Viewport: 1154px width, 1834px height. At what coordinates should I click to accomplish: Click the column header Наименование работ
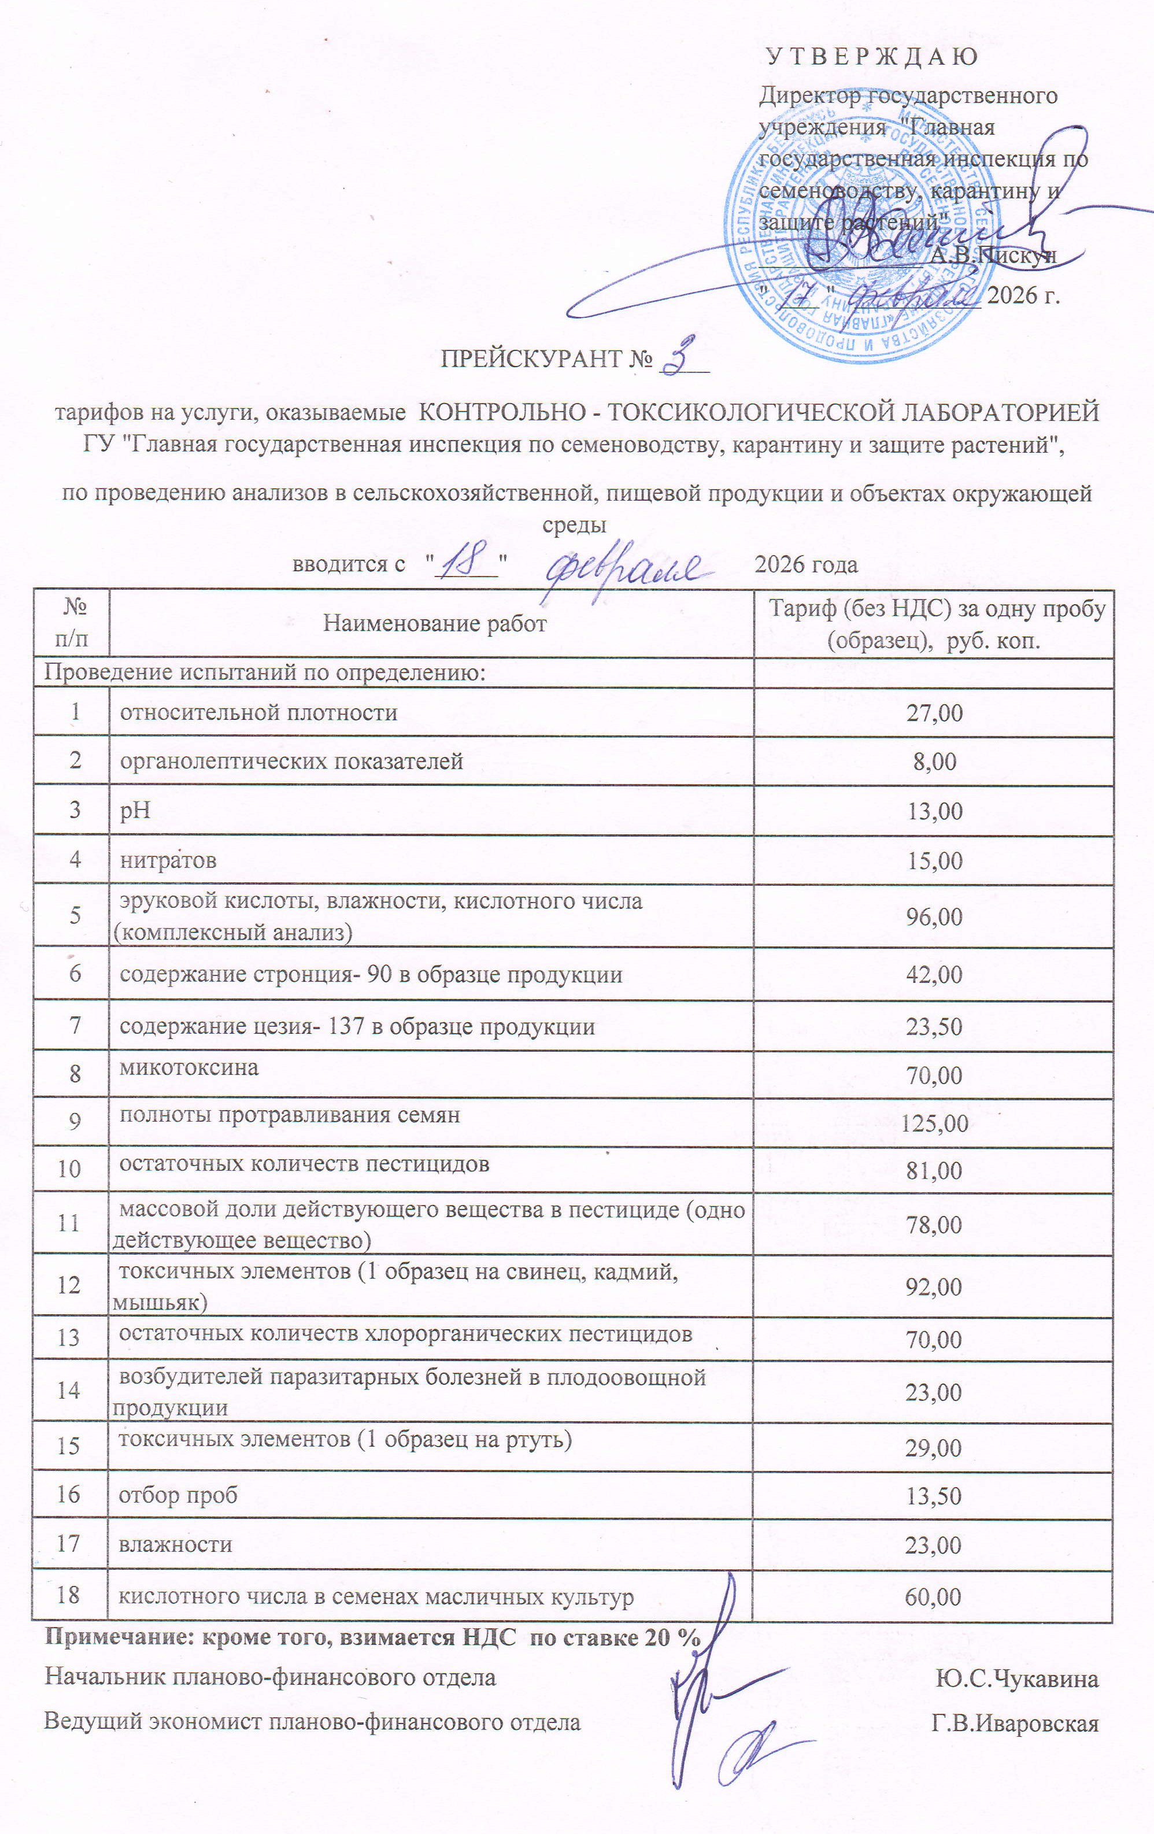[x=434, y=624]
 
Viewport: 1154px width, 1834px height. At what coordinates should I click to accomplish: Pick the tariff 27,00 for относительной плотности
[x=934, y=713]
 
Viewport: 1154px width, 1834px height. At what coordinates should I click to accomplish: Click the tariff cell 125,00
[x=934, y=1123]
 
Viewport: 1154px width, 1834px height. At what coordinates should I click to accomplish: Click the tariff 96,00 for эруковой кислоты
[x=934, y=916]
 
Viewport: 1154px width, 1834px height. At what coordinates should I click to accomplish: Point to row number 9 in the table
[x=74, y=1121]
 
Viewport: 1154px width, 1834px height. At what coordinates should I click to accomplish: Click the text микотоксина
[x=189, y=1067]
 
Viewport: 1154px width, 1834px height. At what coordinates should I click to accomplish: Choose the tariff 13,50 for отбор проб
[x=933, y=1496]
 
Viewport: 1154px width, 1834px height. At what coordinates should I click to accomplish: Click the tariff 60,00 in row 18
[x=933, y=1597]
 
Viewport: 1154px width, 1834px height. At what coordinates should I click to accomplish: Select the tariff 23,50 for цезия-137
[x=934, y=1027]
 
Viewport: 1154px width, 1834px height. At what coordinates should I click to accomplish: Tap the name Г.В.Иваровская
[x=1015, y=1723]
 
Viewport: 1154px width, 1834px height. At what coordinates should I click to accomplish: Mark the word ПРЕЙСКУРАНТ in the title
[x=531, y=358]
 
